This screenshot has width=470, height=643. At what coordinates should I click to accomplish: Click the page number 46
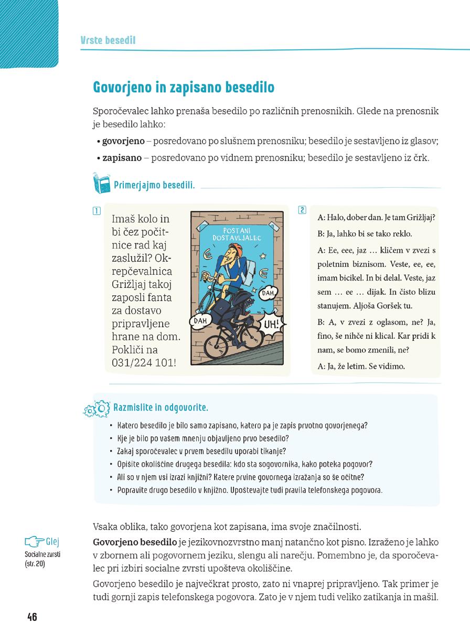click(31, 616)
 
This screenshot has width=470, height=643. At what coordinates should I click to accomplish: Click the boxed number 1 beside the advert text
click(96, 211)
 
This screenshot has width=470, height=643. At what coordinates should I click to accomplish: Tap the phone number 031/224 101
click(143, 363)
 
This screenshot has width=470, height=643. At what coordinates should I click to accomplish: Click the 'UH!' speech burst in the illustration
click(271, 323)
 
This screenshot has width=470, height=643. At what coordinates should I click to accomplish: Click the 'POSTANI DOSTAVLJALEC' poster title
click(239, 234)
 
